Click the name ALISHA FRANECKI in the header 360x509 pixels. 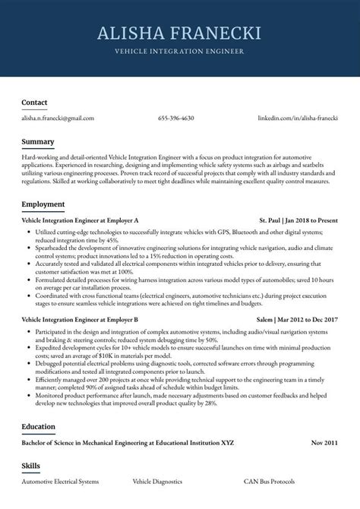tap(179, 33)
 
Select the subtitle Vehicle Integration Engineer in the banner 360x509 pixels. tap(179, 52)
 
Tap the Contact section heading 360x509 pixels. tap(34, 102)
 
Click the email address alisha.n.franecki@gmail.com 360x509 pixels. tap(58, 119)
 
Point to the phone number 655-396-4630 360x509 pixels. tap(176, 119)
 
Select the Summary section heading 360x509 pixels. tap(37, 142)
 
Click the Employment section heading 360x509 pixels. tap(43, 204)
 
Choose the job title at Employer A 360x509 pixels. tap(80, 220)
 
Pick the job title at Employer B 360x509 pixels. tap(80, 320)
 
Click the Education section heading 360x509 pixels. tap(38, 426)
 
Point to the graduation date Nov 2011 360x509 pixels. tap(324, 441)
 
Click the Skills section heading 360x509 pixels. tap(30, 466)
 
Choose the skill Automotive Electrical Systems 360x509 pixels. tap(60, 482)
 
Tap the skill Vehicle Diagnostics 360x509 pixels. tap(158, 482)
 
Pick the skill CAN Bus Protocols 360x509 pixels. tap(269, 482)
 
